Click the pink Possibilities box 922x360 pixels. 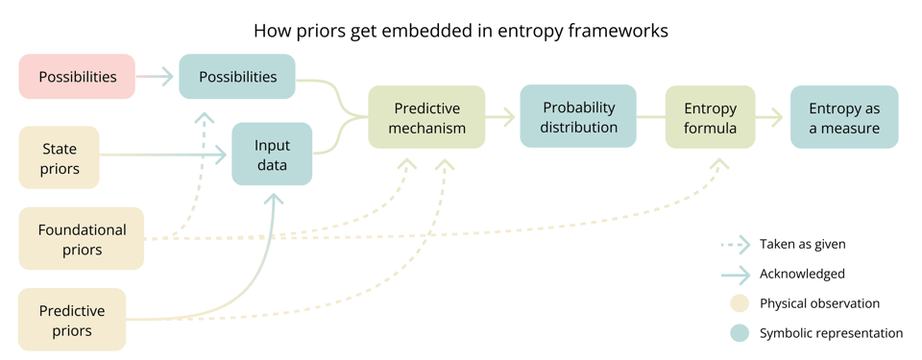click(x=77, y=77)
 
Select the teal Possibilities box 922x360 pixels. click(x=237, y=77)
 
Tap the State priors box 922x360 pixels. click(x=60, y=158)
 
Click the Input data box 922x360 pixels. click(x=272, y=155)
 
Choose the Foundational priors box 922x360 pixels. click(x=82, y=239)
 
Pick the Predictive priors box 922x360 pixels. click(x=72, y=320)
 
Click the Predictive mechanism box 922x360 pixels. click(x=426, y=117)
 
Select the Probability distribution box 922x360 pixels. click(x=578, y=116)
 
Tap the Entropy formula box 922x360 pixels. click(x=710, y=117)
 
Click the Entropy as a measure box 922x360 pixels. click(x=844, y=117)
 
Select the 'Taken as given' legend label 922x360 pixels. click(x=802, y=244)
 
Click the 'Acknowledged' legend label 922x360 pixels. click(x=802, y=274)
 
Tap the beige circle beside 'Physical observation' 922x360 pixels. click(x=739, y=303)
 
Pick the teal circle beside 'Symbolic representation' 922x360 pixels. click(x=739, y=333)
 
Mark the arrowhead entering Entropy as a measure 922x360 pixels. click(x=778, y=117)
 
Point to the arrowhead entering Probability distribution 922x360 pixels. click(x=508, y=117)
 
